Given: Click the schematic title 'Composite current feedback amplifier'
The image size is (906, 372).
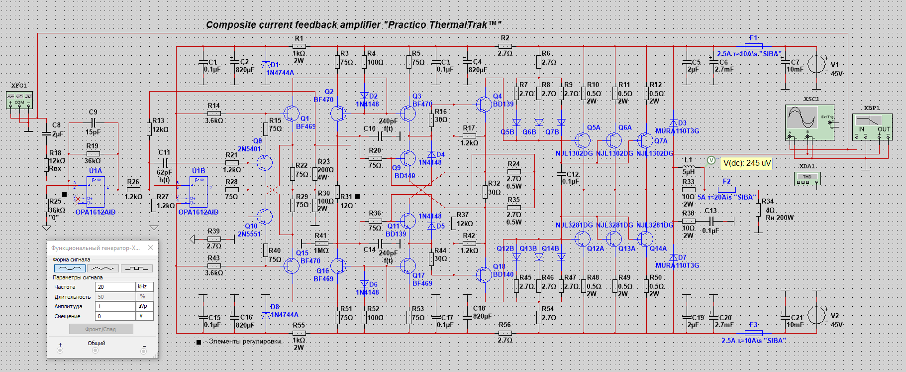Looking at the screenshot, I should click(x=293, y=25).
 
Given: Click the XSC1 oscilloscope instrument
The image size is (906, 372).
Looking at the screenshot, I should click(x=809, y=122).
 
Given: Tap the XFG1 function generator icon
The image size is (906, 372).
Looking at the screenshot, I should click(x=19, y=100).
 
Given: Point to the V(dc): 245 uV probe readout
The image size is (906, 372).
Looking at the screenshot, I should click(x=746, y=163).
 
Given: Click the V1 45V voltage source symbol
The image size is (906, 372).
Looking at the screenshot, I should click(x=816, y=64).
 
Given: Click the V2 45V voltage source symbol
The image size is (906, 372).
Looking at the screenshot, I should click(x=816, y=315).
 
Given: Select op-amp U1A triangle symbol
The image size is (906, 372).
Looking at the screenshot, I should click(x=95, y=192).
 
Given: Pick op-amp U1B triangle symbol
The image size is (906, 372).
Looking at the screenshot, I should click(x=199, y=193).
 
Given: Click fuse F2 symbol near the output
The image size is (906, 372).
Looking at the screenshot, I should click(x=727, y=189).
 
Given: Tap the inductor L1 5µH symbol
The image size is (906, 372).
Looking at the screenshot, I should click(x=689, y=168).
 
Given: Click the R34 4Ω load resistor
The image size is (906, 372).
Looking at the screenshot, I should click(x=758, y=210).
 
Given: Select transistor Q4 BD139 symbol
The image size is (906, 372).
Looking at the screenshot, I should click(x=484, y=104).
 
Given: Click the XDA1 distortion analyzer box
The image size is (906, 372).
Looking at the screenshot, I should click(x=807, y=179).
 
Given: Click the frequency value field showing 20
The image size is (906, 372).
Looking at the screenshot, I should click(x=115, y=287).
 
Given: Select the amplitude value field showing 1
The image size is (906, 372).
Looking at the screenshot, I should click(x=115, y=306).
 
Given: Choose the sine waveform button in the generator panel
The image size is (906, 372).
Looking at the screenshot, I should click(x=69, y=268).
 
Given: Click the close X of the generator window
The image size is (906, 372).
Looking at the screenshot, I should click(x=151, y=248).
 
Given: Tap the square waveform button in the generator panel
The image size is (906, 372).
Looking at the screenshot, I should click(x=136, y=268).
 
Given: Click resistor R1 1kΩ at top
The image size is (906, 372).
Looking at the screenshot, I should click(x=299, y=46).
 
